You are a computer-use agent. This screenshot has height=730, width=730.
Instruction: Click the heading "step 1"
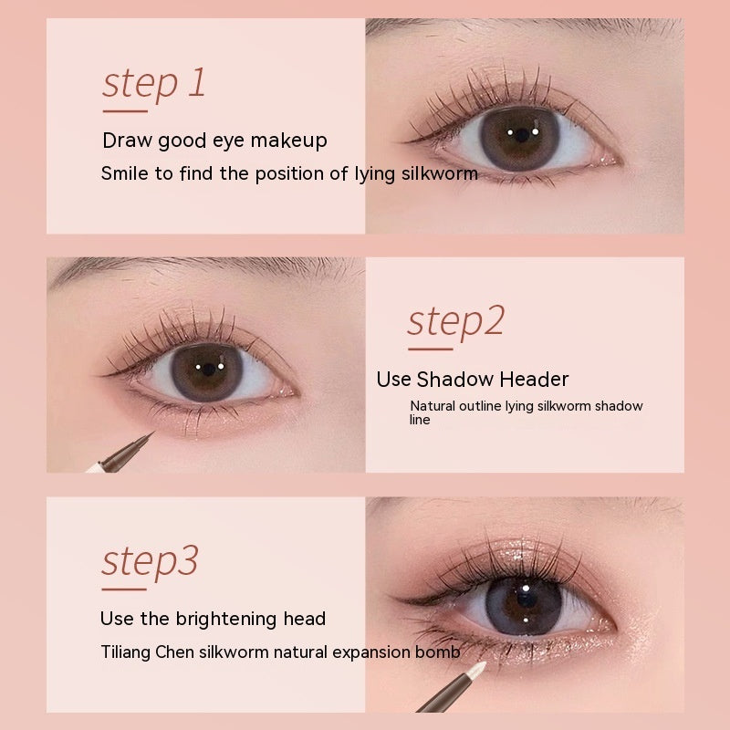coord(154,82)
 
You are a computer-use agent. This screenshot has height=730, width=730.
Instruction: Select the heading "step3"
coord(150,560)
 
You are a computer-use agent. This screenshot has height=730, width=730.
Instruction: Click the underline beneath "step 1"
coord(125,111)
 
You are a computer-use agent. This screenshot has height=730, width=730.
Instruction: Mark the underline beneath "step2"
coord(430,348)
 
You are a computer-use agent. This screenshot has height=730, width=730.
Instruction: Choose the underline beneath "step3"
coord(125,589)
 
